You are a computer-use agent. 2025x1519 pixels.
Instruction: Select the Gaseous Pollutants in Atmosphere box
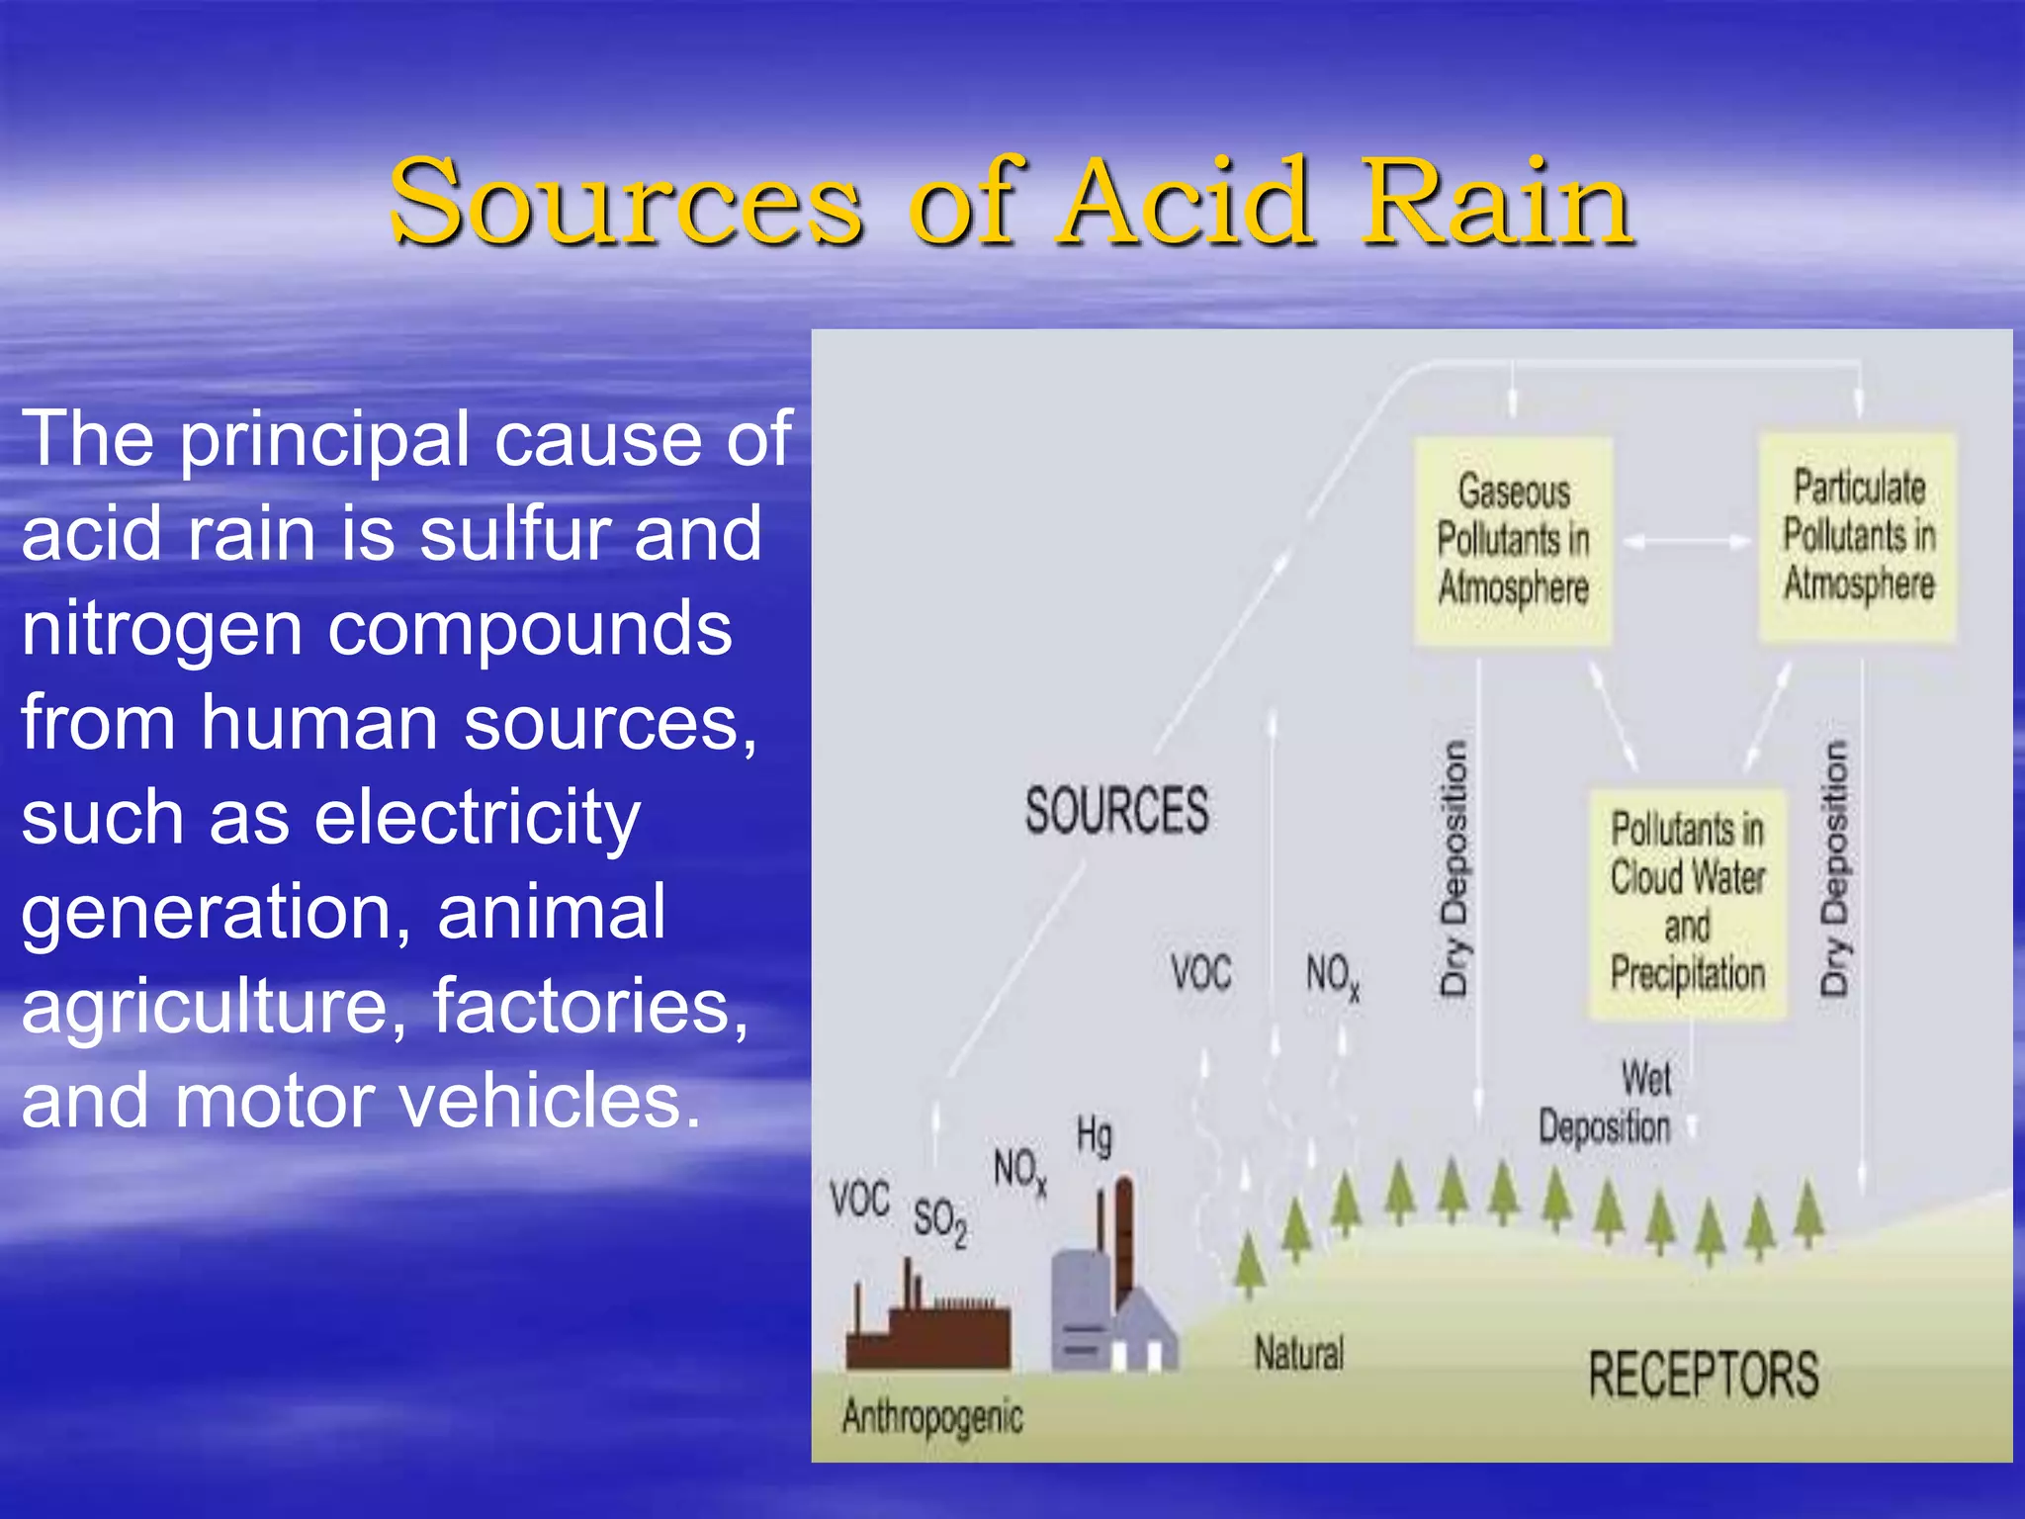point(1513,541)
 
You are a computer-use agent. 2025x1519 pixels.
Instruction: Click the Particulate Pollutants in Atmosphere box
point(1858,537)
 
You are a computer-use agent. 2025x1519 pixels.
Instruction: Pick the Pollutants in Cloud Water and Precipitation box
point(1687,903)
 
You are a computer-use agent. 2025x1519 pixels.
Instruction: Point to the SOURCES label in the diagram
point(1116,811)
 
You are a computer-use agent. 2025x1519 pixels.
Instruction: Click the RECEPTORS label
point(1703,1375)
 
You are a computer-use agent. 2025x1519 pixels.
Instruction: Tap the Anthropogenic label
point(932,1417)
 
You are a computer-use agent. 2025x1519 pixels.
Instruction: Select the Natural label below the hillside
point(1299,1353)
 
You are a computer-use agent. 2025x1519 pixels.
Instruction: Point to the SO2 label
point(939,1220)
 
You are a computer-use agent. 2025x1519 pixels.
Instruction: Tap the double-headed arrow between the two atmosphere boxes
point(1687,541)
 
